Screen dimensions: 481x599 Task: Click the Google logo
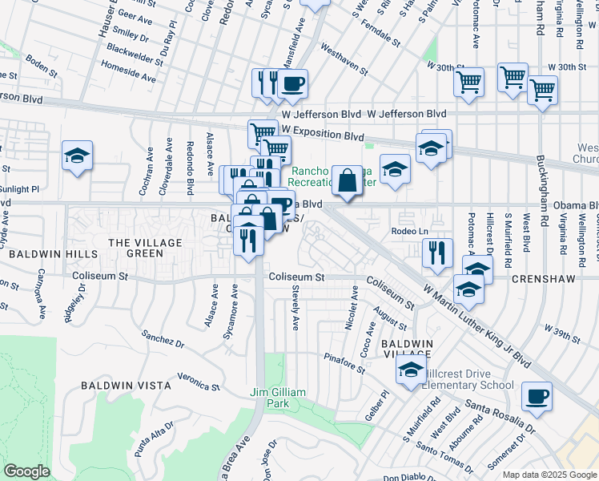tap(27, 471)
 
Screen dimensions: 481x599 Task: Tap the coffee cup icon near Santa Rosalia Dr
tap(537, 395)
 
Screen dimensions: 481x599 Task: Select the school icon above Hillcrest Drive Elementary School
tap(411, 370)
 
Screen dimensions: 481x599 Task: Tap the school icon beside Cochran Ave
tap(77, 156)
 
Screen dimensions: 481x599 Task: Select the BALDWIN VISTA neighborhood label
tap(126, 386)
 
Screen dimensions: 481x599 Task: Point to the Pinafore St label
tap(346, 363)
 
